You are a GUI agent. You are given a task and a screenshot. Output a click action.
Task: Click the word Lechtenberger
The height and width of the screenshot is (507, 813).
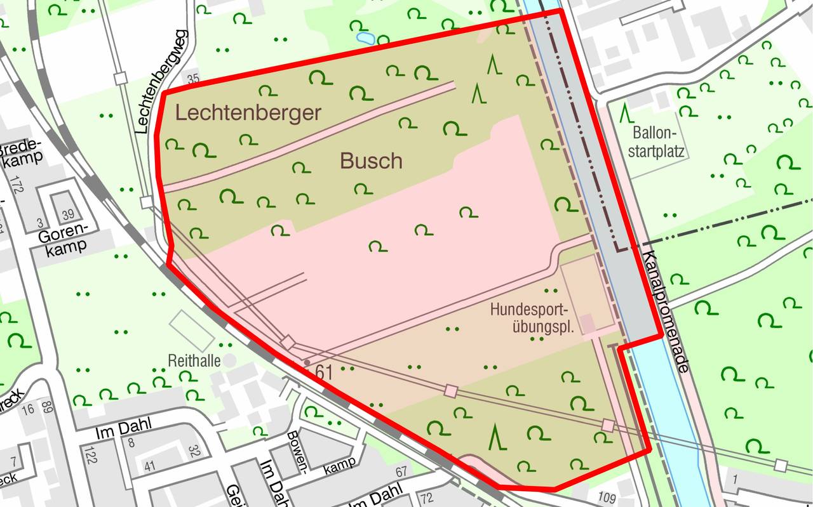(248, 113)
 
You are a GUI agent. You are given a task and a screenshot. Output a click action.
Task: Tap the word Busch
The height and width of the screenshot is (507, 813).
(371, 161)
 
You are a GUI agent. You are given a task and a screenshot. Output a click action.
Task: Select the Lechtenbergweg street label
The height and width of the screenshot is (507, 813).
(161, 81)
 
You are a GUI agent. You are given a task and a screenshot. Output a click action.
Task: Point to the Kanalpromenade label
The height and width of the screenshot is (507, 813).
(666, 310)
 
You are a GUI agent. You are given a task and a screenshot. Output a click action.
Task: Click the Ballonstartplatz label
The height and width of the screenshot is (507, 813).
(652, 143)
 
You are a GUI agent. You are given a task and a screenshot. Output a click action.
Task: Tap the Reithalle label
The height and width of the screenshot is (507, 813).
(194, 361)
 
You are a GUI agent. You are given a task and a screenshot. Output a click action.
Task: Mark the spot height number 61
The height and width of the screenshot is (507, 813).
(324, 373)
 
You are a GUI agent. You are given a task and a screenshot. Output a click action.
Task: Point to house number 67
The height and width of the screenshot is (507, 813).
(400, 472)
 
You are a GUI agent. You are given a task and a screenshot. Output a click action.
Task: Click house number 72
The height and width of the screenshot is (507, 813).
(427, 497)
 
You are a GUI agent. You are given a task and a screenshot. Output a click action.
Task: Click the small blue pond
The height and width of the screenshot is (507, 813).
(365, 37)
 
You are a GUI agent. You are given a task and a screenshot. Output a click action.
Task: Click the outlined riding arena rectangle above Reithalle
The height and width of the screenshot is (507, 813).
(192, 330)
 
